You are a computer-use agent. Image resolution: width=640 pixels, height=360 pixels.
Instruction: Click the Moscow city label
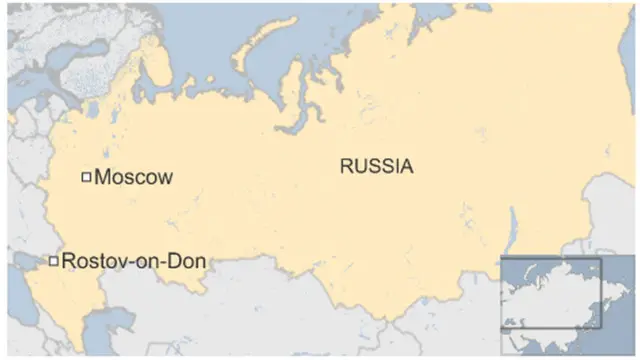[133, 178]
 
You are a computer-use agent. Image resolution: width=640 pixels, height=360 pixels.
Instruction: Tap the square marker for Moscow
[86, 177]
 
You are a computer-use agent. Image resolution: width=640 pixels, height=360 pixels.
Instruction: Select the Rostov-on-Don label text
[134, 262]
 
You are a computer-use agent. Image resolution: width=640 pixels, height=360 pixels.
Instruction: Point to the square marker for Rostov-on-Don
[53, 262]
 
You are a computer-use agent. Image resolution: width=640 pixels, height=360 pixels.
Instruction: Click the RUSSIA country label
[376, 167]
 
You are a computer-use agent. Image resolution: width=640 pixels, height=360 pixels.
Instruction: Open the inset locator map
[551, 292]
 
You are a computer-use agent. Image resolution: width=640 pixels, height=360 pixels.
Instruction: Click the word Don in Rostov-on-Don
[190, 262]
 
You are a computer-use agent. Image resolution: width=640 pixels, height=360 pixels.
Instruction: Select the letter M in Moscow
[102, 178]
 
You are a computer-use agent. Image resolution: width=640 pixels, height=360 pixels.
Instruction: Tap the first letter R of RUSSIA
[346, 167]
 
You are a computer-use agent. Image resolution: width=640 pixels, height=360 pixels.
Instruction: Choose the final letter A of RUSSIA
[406, 167]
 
